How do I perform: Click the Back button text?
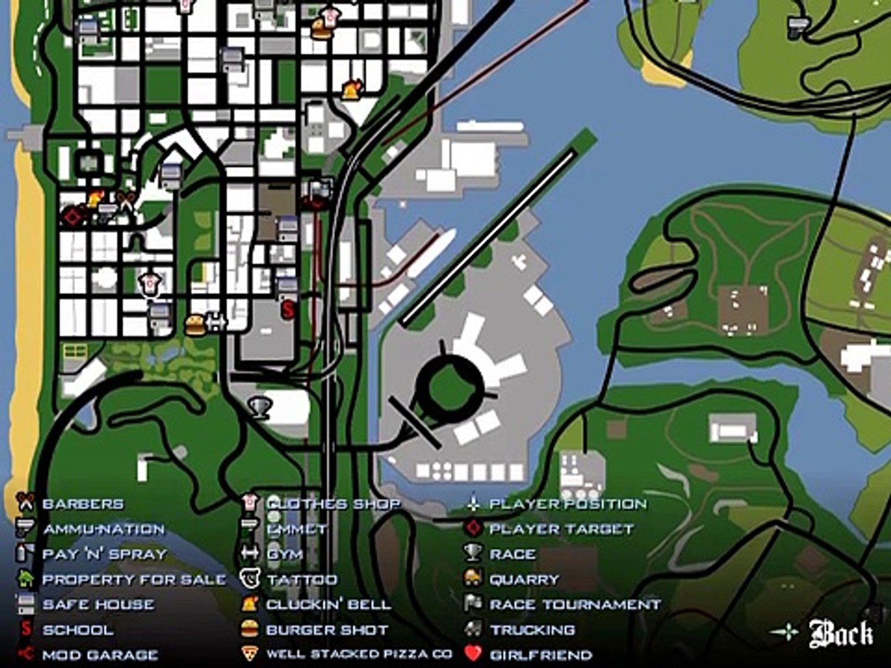tap(841, 633)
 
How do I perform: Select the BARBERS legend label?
tap(83, 504)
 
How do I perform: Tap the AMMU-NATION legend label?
tap(104, 529)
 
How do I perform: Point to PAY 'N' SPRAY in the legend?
tap(105, 554)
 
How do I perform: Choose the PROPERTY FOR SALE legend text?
tap(134, 580)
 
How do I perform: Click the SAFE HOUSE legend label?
tap(98, 604)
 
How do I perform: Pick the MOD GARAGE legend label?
tap(100, 654)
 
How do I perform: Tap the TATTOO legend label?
tap(302, 580)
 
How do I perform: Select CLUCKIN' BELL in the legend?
tap(328, 604)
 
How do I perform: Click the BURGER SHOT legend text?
tap(327, 630)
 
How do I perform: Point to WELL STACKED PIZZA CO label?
tap(359, 654)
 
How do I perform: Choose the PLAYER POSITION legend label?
tap(567, 504)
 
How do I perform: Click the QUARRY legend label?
tap(524, 580)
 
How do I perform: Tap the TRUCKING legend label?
tap(532, 630)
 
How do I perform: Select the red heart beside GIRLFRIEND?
tap(473, 654)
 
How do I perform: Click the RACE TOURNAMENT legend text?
tap(575, 604)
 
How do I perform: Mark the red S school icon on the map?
tap(288, 309)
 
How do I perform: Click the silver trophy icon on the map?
tap(259, 407)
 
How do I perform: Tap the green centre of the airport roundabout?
tap(454, 387)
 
